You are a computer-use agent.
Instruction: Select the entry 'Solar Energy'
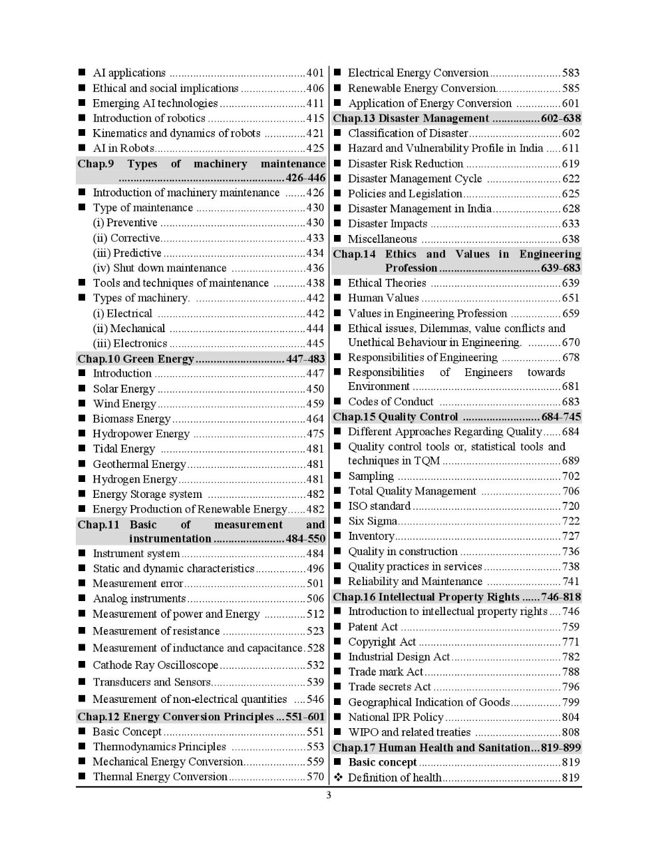(x=124, y=389)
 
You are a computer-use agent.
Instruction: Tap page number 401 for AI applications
(x=315, y=73)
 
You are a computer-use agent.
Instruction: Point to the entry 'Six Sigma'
(x=373, y=521)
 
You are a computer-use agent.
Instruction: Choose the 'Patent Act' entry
(x=373, y=627)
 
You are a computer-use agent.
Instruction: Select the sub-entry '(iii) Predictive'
(x=127, y=253)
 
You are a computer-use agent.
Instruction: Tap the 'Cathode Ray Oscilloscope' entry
(x=155, y=665)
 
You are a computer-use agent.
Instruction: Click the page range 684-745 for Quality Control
(x=562, y=417)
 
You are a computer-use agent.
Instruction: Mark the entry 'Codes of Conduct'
(x=391, y=402)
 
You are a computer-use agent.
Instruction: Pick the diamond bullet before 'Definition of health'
(x=337, y=777)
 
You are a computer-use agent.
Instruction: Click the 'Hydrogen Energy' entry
(x=134, y=479)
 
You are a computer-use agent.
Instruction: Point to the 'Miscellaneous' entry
(x=383, y=239)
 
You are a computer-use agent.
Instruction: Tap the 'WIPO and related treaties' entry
(x=409, y=732)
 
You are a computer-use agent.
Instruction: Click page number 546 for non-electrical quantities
(x=315, y=699)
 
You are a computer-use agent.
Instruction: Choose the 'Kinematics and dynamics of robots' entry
(x=176, y=133)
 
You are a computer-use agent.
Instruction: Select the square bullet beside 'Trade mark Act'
(x=337, y=672)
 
